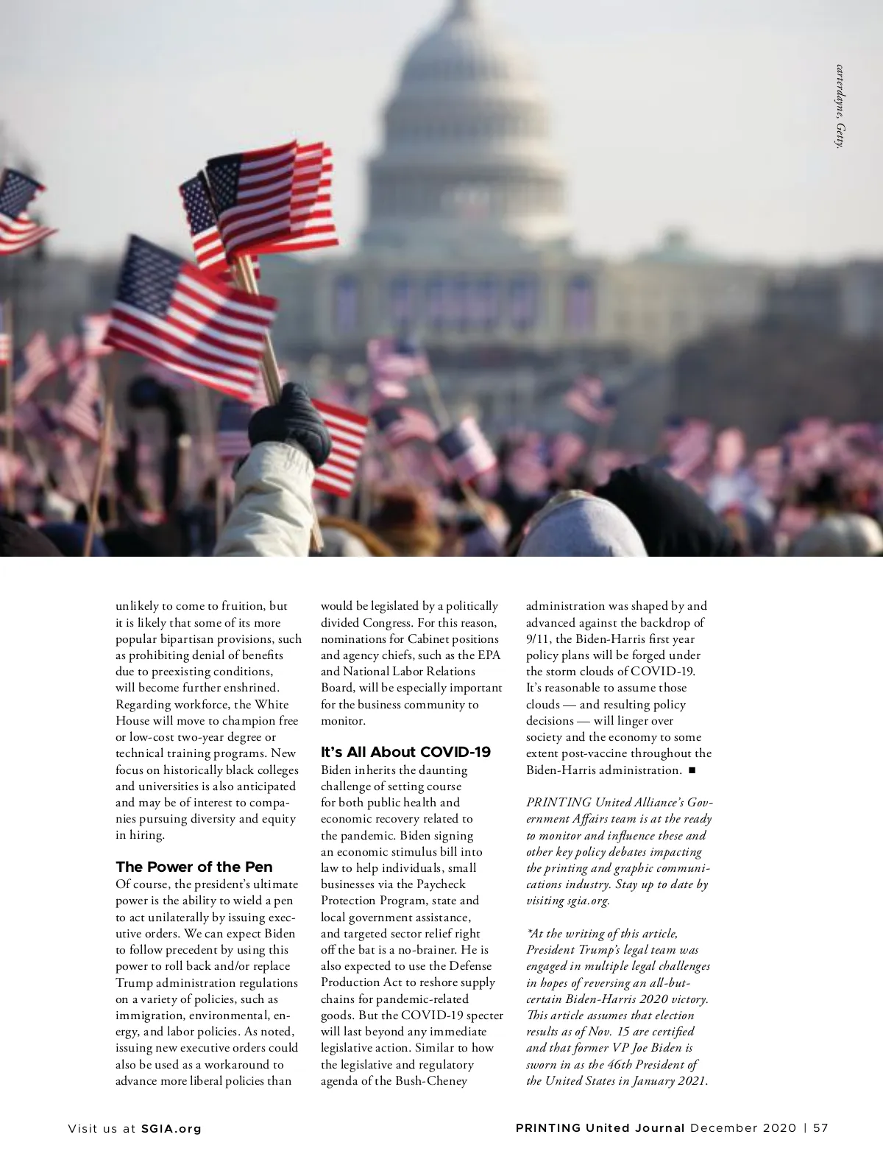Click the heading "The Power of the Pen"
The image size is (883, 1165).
(194, 867)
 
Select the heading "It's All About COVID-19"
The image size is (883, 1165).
(405, 753)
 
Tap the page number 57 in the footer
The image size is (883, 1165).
(821, 1128)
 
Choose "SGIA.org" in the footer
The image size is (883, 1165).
(171, 1128)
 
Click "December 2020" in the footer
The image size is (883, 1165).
(742, 1128)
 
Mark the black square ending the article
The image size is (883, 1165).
(692, 770)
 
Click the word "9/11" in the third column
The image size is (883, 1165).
(539, 638)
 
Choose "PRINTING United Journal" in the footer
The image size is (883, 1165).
(600, 1128)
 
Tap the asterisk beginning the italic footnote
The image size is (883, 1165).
(528, 932)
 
